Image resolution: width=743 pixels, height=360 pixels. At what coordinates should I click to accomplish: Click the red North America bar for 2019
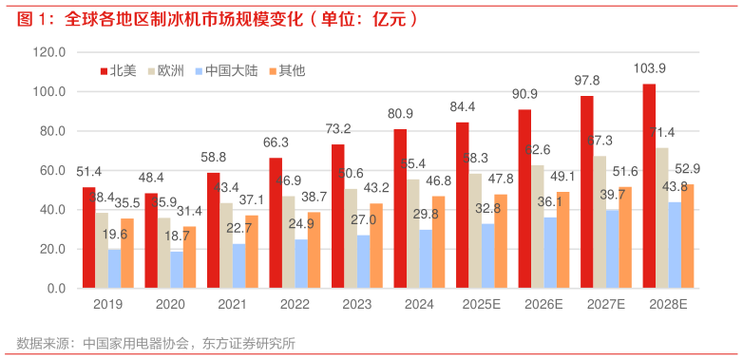tap(89, 237)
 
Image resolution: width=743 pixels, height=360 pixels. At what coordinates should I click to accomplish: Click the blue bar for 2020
tap(177, 269)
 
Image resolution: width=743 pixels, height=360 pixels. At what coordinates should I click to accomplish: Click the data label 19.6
tap(115, 235)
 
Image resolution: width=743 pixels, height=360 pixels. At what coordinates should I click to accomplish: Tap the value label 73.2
tap(337, 129)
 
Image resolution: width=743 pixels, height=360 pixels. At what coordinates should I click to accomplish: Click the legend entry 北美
tap(117, 70)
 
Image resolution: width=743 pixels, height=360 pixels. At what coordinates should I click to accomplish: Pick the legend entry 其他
tap(286, 70)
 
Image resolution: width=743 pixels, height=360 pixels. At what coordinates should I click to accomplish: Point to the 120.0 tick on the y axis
tap(48, 53)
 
